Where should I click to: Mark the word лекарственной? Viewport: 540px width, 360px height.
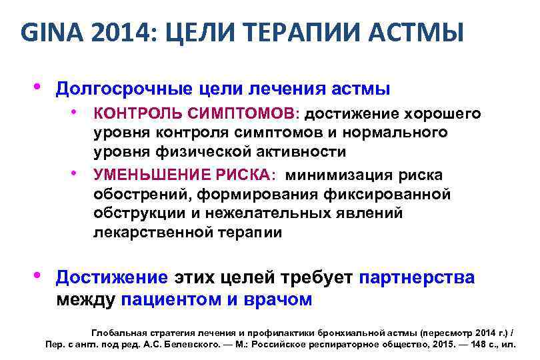[x=154, y=233]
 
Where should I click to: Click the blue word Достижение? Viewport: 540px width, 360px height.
[x=112, y=277]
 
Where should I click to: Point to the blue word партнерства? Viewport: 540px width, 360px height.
[x=417, y=277]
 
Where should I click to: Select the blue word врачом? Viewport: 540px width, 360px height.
[x=279, y=299]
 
